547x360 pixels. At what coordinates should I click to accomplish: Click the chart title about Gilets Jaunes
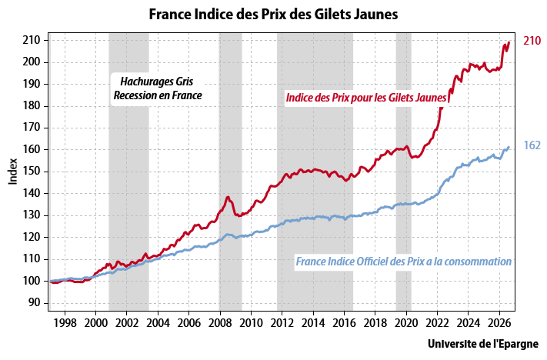coord(274,15)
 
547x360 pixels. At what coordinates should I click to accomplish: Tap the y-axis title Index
coord(13,172)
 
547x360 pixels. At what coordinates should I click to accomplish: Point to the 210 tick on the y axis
coord(32,41)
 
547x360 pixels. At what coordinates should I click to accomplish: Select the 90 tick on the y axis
coord(35,303)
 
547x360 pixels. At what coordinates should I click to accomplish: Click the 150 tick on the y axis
coord(32,172)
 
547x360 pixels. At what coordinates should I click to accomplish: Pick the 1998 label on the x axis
coord(65,323)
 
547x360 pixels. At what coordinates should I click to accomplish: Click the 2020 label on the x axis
coord(406,323)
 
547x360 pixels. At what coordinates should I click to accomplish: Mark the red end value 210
coord(532,41)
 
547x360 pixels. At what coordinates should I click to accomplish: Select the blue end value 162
coord(532,145)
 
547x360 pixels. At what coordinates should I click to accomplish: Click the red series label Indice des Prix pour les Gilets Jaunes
coord(366,98)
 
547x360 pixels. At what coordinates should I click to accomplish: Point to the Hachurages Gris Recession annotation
coord(158,88)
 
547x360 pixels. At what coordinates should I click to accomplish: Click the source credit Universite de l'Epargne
coord(483,344)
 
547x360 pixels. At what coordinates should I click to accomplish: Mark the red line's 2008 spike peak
coord(228,197)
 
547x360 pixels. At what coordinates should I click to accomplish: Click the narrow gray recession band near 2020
coord(404,172)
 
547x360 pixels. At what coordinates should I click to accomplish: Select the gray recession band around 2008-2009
coord(230,172)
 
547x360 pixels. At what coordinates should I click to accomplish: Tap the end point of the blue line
coord(509,147)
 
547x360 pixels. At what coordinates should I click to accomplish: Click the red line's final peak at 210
coord(509,42)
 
